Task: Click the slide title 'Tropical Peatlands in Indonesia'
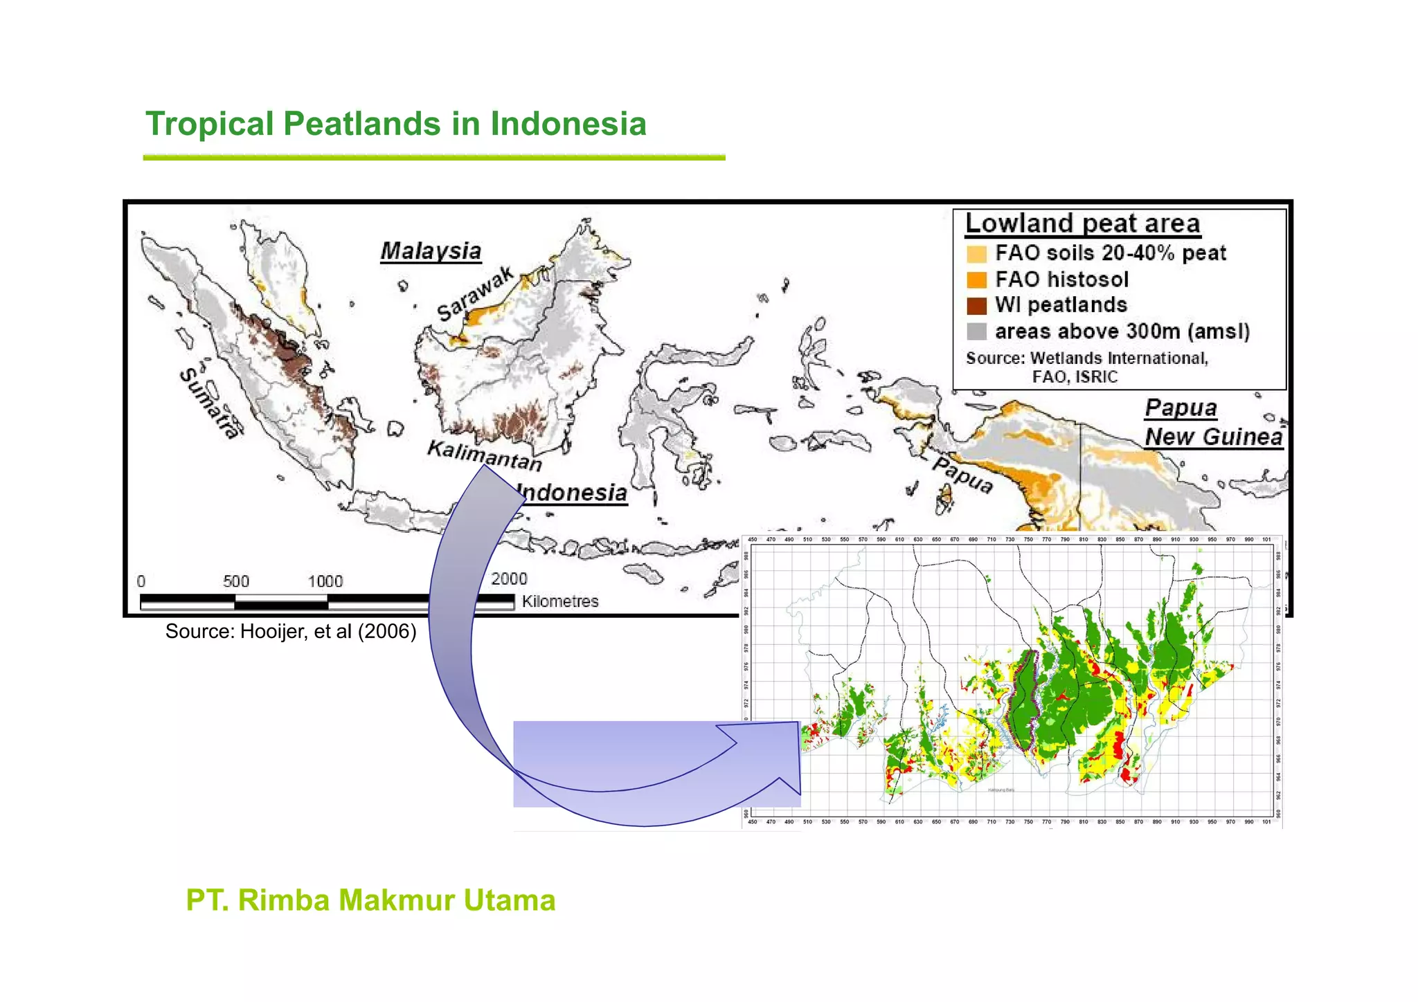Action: (x=395, y=125)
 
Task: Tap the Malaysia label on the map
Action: (x=431, y=250)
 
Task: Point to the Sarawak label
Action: (x=476, y=294)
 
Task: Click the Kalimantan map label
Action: (x=484, y=455)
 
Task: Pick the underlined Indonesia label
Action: (x=572, y=493)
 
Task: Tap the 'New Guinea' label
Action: (x=1213, y=437)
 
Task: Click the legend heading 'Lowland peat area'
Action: (x=1082, y=224)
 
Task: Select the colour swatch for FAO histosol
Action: (x=976, y=280)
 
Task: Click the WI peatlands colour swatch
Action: (x=976, y=306)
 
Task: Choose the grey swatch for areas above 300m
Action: (x=976, y=331)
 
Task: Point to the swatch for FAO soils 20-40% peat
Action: (x=976, y=254)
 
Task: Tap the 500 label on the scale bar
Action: (x=236, y=581)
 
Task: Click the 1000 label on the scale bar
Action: (x=325, y=581)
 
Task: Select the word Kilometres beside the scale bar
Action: (x=560, y=601)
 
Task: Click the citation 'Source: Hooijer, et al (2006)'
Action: (x=291, y=631)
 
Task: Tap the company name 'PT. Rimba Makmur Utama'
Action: (x=370, y=900)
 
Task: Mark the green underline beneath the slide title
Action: (x=434, y=158)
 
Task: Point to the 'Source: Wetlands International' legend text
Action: (x=1087, y=358)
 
